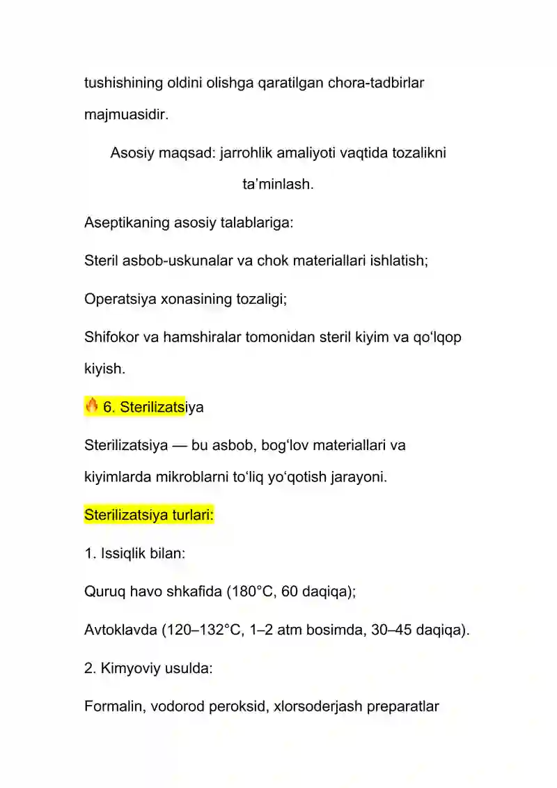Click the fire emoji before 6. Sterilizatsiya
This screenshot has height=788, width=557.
tap(92, 406)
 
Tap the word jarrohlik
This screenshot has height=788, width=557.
tap(249, 153)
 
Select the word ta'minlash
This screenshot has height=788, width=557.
tap(278, 185)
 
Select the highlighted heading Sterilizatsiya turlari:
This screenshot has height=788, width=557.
tap(148, 516)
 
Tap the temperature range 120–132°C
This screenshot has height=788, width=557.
tap(203, 631)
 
